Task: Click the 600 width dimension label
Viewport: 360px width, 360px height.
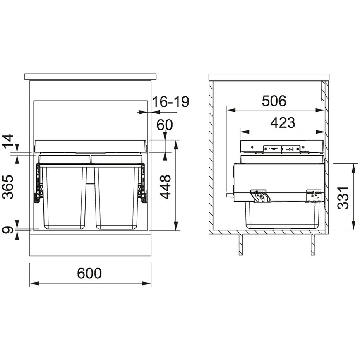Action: tap(89, 273)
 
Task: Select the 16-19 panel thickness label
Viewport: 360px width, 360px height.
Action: tap(170, 101)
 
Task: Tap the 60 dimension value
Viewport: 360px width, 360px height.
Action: tap(165, 125)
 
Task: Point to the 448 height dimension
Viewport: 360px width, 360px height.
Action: tap(166, 187)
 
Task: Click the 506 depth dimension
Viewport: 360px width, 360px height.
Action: tap(274, 101)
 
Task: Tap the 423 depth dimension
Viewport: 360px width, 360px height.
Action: tap(283, 122)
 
